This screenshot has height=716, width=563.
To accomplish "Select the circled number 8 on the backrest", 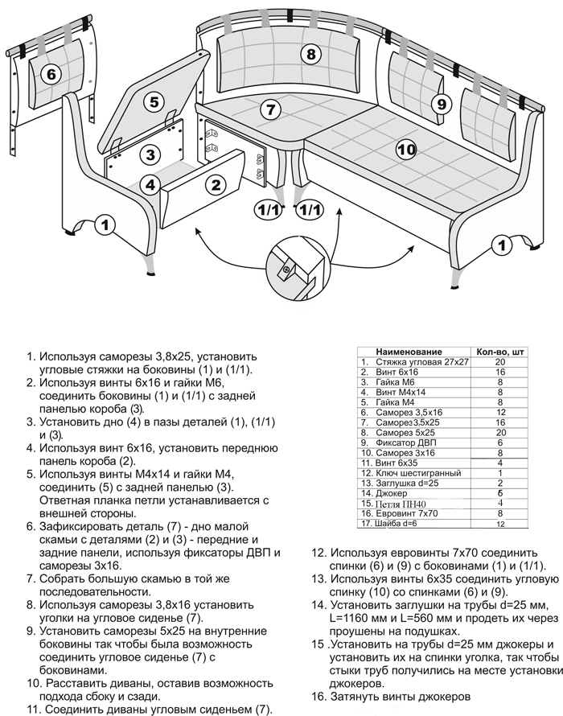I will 311,54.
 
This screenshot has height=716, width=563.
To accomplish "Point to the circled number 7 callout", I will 271,109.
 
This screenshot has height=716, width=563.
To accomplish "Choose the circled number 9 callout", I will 440,104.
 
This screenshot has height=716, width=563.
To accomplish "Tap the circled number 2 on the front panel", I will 215,185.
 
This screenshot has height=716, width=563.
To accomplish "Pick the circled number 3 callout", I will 150,154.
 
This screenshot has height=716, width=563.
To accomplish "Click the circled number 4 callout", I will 150,184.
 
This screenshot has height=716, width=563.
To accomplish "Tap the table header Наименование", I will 409,352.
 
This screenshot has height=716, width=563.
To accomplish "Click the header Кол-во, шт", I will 499,352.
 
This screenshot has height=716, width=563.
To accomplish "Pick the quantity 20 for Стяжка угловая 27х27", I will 499,363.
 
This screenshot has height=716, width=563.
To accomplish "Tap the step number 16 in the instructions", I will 318,697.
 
